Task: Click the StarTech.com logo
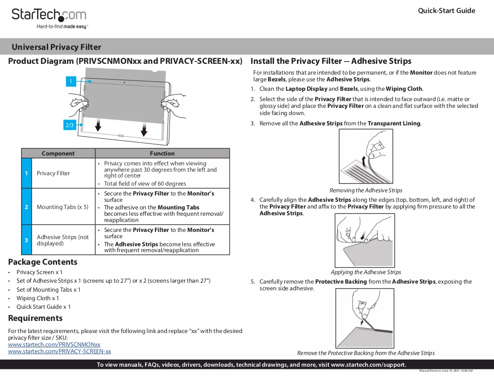click(49, 18)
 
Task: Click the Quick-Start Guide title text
click(446, 10)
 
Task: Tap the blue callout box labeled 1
click(71, 81)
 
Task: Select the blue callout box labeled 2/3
click(69, 125)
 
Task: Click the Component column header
click(58, 154)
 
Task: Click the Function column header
click(162, 154)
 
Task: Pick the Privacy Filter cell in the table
click(53, 173)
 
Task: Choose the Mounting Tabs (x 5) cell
click(62, 207)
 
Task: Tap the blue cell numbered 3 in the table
click(26, 240)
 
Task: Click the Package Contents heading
click(43, 262)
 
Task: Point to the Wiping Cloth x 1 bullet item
click(37, 298)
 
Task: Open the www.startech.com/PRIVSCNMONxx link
click(54, 345)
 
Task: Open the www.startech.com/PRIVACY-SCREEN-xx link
click(60, 351)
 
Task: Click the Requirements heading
click(35, 318)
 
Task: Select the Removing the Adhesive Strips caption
click(366, 191)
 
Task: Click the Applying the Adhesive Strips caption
click(366, 272)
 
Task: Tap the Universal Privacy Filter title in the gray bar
click(57, 47)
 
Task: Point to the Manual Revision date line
click(446, 371)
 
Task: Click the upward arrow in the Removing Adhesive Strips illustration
click(364, 161)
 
